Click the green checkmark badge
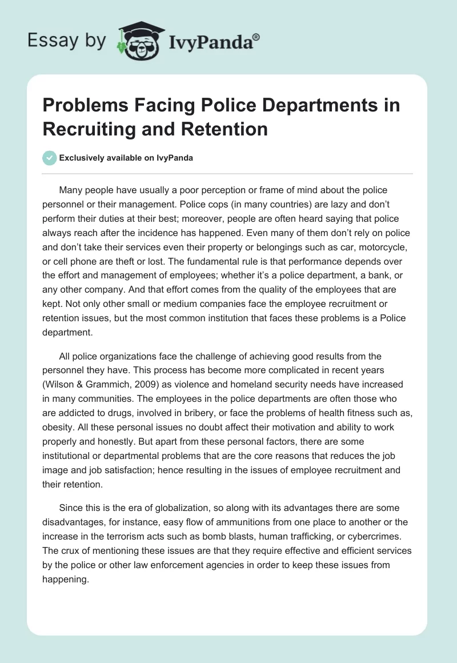50,158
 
